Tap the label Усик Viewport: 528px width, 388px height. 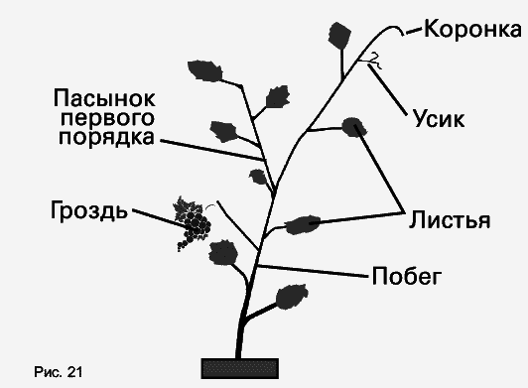pos(437,119)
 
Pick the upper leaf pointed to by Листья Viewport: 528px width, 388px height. pos(351,126)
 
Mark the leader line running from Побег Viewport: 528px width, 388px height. pos(313,271)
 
